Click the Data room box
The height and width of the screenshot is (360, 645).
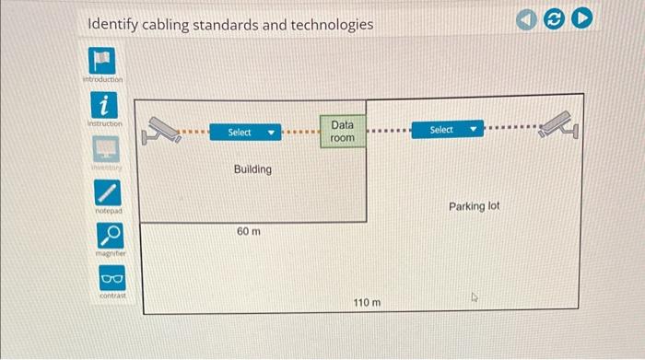[x=342, y=131]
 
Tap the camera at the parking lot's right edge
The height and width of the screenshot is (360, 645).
[x=562, y=124]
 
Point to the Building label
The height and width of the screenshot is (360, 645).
[x=252, y=169]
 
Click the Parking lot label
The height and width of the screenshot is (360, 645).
[x=474, y=206]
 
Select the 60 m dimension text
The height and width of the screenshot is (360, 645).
[x=248, y=231]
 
